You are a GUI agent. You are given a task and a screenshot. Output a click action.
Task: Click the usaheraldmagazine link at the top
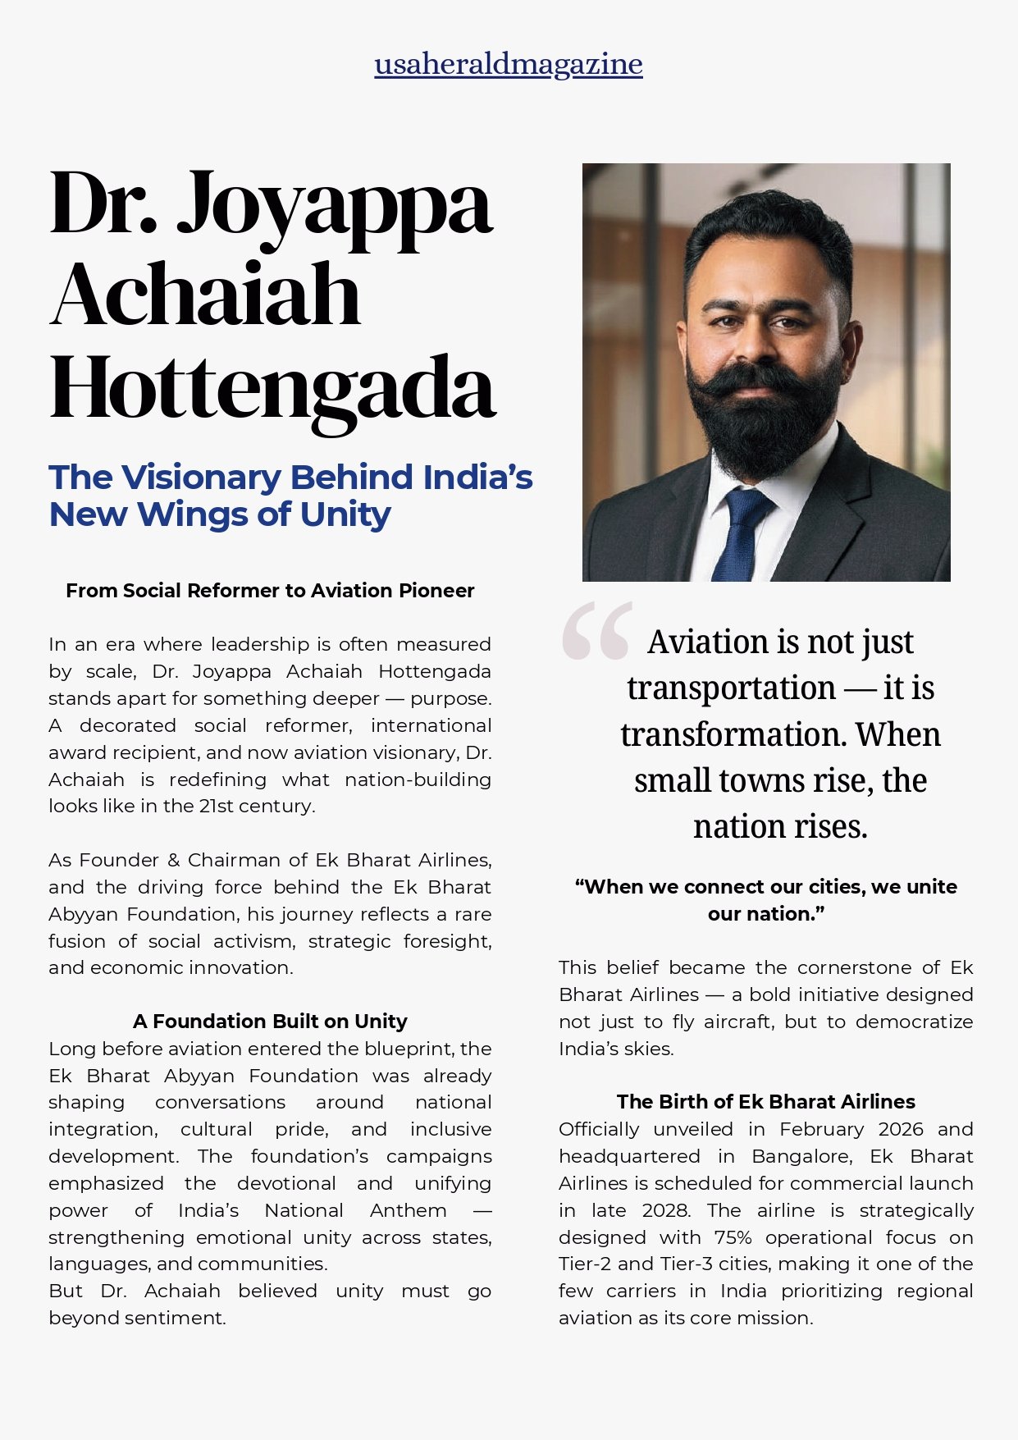tap(509, 64)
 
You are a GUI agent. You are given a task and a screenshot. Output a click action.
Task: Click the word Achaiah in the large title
tap(205, 294)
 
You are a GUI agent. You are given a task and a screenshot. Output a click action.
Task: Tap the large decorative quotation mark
tap(597, 631)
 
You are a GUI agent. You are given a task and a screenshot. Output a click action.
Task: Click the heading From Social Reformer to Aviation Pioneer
tap(270, 591)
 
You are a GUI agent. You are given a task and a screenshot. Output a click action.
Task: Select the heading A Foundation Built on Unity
tap(270, 1022)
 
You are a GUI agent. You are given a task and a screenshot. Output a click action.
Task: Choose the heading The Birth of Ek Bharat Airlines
tap(765, 1102)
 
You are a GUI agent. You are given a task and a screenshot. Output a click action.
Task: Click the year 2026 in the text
tap(901, 1130)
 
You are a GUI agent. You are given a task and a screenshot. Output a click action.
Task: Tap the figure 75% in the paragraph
tap(733, 1238)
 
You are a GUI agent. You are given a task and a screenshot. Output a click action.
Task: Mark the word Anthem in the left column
tap(408, 1211)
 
